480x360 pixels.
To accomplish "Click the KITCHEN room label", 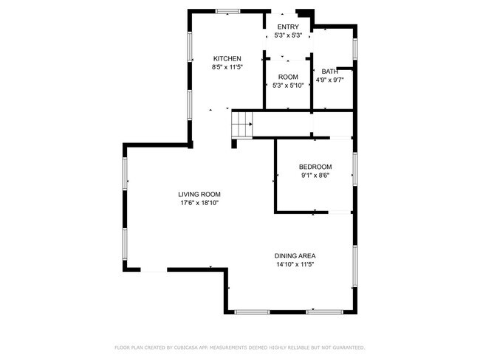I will tap(227, 59).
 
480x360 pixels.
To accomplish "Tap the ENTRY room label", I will tap(288, 27).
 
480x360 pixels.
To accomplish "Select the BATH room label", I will tap(329, 72).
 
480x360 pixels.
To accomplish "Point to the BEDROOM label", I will tap(315, 167).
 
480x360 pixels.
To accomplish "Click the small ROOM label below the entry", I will tap(288, 77).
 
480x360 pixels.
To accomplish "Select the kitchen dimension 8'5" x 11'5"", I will tap(227, 67).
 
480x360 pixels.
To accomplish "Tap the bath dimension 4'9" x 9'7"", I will tap(329, 80).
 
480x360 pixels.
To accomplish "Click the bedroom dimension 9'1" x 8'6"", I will tap(315, 176).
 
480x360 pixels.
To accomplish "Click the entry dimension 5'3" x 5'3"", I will tap(288, 35).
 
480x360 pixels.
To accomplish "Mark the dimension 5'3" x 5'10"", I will tap(288, 86).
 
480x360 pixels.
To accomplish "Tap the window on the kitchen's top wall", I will tap(227, 11).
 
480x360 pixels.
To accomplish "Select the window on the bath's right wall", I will tap(356, 48).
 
